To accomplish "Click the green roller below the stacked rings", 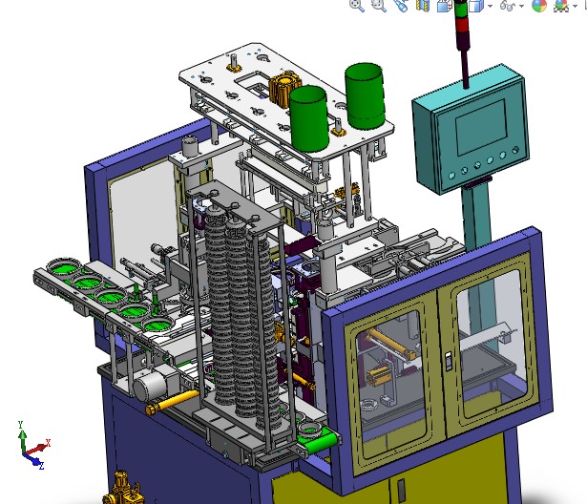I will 319,438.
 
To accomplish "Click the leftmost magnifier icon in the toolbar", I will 356,5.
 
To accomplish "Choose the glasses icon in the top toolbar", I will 512,6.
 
